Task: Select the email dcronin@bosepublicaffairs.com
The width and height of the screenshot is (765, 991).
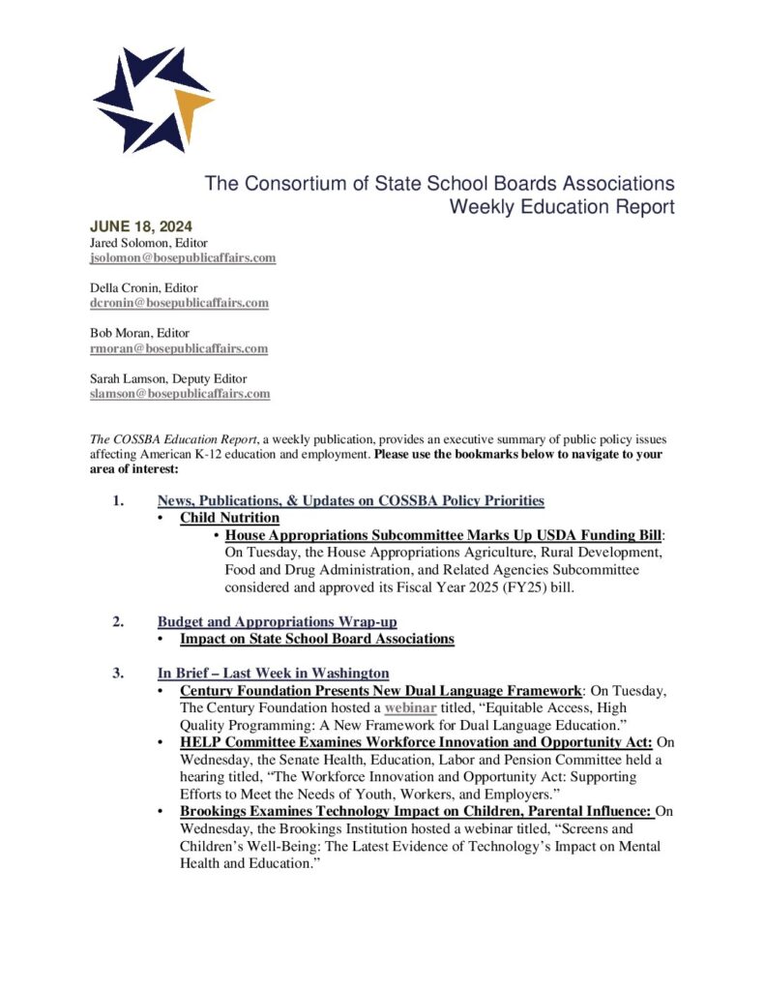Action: (x=179, y=303)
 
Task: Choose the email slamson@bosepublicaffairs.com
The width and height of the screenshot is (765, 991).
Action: (x=180, y=394)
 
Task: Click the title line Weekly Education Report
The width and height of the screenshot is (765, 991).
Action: (x=561, y=206)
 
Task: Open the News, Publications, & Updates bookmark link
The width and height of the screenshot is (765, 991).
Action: (x=351, y=500)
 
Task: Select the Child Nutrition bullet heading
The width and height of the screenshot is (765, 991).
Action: (x=229, y=518)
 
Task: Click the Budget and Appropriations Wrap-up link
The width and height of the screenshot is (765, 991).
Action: (x=277, y=621)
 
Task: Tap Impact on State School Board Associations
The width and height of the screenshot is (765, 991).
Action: (x=316, y=639)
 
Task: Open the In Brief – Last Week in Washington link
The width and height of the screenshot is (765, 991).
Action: (x=274, y=673)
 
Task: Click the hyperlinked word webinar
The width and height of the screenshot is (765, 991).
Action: (x=411, y=707)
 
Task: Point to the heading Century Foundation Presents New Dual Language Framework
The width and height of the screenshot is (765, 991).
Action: (x=380, y=690)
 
